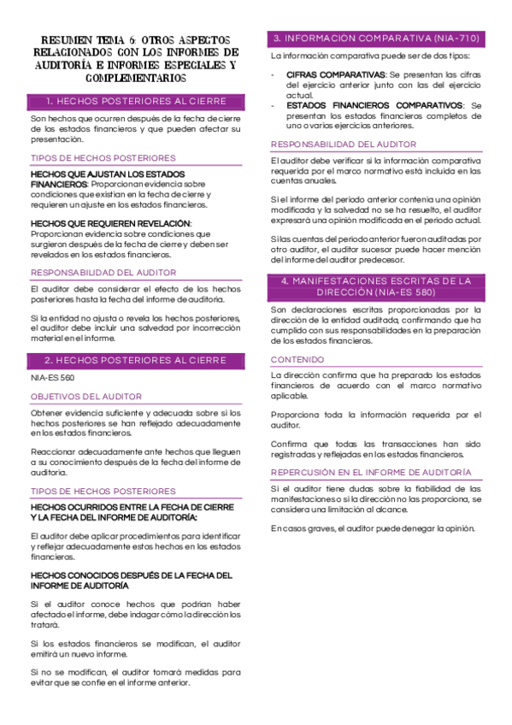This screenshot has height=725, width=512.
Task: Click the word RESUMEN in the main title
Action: pyautogui.click(x=65, y=40)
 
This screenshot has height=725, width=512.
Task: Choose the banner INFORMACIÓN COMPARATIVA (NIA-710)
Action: pyautogui.click(x=377, y=38)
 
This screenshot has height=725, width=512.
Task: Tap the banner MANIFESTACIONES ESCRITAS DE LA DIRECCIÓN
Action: pyautogui.click(x=377, y=286)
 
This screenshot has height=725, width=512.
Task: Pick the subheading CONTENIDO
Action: pyautogui.click(x=297, y=360)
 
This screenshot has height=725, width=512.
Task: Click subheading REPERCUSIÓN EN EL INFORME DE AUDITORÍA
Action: pyautogui.click(x=370, y=472)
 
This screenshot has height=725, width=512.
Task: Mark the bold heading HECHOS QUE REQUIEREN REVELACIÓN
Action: pyautogui.click(x=111, y=224)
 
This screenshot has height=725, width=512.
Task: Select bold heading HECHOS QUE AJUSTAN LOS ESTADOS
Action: pyautogui.click(x=108, y=174)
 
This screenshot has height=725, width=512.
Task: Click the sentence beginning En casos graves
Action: pyautogui.click(x=373, y=528)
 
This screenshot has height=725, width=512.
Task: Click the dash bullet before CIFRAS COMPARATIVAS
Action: pyautogui.click(x=273, y=75)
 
